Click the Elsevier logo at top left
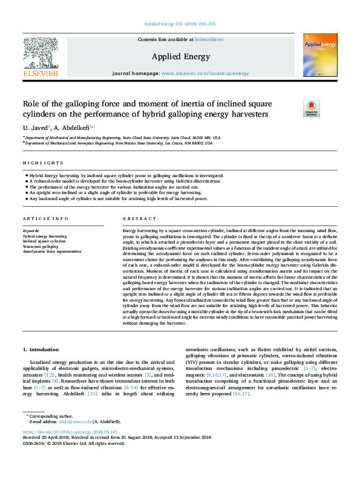pos(41,57)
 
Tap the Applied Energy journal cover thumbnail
pos(319,55)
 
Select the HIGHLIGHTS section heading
pos(43,163)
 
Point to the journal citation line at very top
pos(180,24)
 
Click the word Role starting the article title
pos(30,103)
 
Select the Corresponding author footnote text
pos(51,417)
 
